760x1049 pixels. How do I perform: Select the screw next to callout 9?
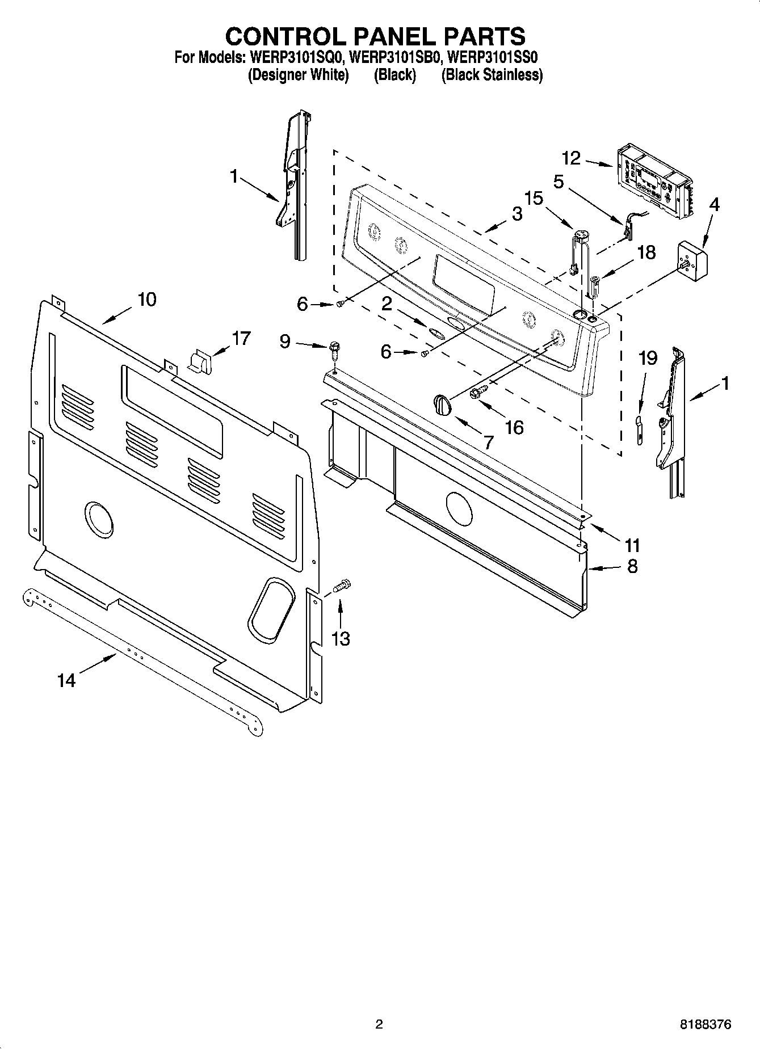pos(334,350)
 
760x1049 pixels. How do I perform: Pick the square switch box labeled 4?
pos(692,260)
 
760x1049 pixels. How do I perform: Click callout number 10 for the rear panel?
pos(147,300)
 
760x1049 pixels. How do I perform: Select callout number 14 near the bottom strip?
pos(66,679)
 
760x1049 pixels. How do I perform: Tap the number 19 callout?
pos(648,358)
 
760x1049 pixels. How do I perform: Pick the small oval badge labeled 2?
pos(438,333)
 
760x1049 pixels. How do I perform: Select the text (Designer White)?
pos(298,75)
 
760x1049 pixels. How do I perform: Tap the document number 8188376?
pos(706,1024)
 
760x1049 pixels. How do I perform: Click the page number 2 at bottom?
pos(379,1024)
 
